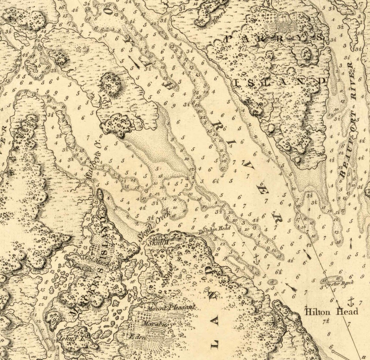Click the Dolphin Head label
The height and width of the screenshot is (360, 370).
[215, 229]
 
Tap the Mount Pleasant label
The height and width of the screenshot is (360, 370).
[171, 307]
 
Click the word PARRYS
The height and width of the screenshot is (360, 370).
[274, 39]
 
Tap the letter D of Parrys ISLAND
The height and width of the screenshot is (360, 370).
[322, 81]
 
